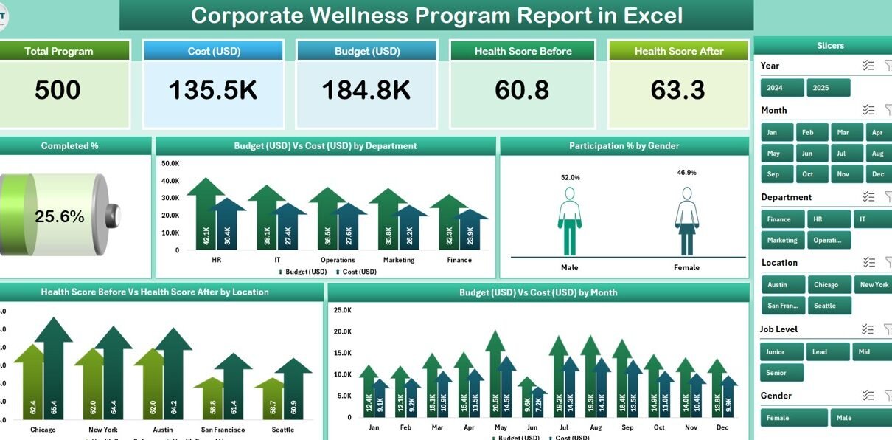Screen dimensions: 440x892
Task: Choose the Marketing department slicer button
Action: tap(781, 240)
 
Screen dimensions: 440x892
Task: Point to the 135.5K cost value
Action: tap(212, 90)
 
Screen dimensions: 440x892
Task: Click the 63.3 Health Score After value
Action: tap(677, 90)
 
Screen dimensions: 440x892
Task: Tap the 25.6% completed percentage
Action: tap(59, 216)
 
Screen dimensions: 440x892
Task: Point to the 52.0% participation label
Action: tap(570, 178)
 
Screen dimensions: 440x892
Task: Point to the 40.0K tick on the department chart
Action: tap(170, 181)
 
